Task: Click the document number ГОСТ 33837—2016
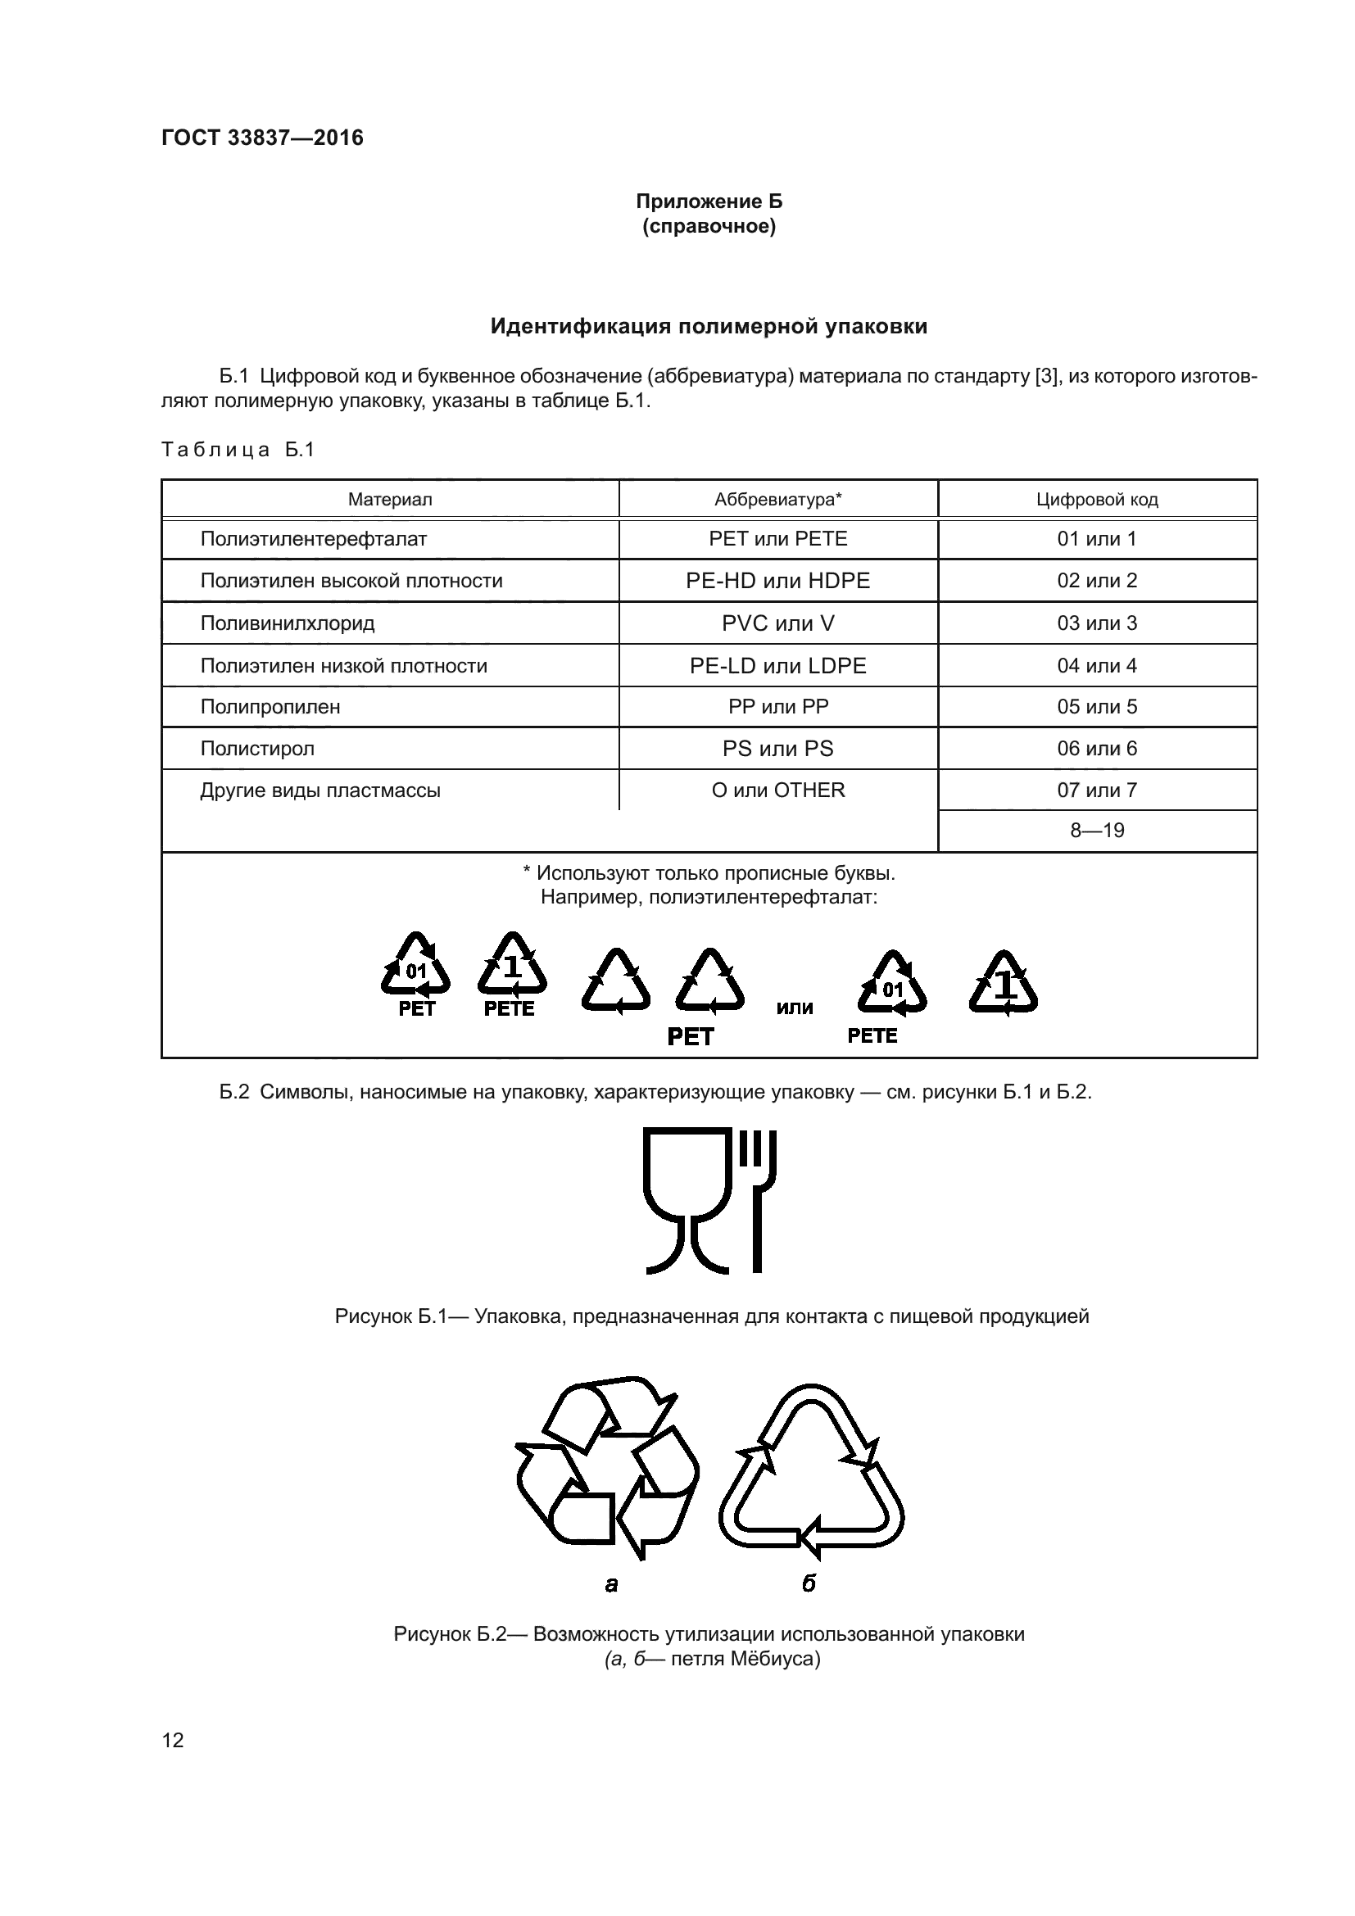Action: tap(262, 138)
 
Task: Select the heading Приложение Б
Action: tap(709, 202)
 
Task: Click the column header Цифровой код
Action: tap(1096, 500)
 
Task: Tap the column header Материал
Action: tap(390, 500)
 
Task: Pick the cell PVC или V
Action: tap(777, 623)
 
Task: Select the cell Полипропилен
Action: tap(270, 707)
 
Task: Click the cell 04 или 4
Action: tap(1096, 666)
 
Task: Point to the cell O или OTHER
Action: tap(777, 790)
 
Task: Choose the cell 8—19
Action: tap(1096, 831)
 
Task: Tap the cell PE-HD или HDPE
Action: tap(777, 581)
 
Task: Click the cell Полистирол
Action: tap(257, 749)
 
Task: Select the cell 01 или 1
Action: tap(1096, 539)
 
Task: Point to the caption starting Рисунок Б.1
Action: tap(711, 1317)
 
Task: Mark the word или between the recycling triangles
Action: tap(795, 1008)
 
